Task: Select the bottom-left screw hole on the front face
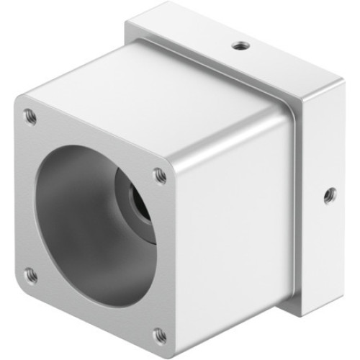(x=30, y=274)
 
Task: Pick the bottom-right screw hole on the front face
(x=160, y=335)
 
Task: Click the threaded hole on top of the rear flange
(x=239, y=46)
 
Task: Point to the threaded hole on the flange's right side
(x=330, y=194)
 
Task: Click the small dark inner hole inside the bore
(x=138, y=202)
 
